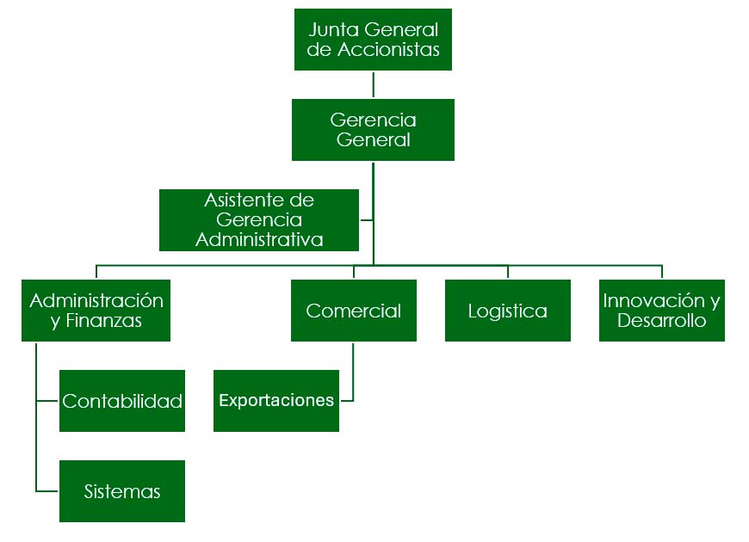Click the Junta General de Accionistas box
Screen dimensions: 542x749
click(373, 40)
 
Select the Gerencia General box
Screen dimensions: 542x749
click(373, 129)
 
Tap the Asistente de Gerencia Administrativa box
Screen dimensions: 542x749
click(259, 219)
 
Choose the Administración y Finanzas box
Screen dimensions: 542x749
click(96, 311)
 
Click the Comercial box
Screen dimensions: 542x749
click(353, 311)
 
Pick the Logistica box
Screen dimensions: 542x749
click(507, 311)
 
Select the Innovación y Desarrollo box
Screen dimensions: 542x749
click(661, 311)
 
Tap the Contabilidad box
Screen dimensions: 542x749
click(122, 401)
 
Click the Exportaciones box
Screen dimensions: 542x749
click(276, 401)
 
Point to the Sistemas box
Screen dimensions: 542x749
click(122, 491)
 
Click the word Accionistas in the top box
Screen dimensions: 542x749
click(388, 50)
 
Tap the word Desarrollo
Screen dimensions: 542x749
click(661, 322)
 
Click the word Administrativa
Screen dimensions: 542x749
click(259, 240)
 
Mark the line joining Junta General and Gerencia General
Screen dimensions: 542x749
click(373, 84)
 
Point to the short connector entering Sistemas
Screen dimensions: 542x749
click(47, 491)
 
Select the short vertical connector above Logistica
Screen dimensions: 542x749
click(507, 272)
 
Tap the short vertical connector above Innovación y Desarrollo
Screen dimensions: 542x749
click(661, 272)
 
